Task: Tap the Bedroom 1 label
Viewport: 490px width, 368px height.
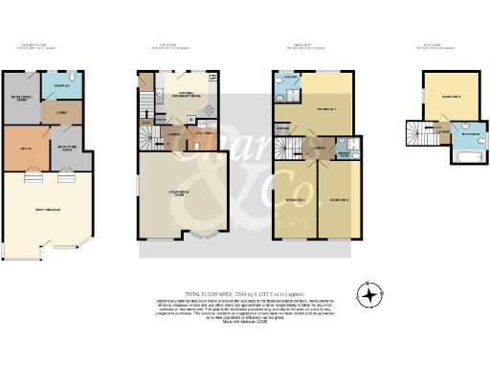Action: [x=323, y=109]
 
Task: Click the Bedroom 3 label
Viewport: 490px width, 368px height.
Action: [x=339, y=199]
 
